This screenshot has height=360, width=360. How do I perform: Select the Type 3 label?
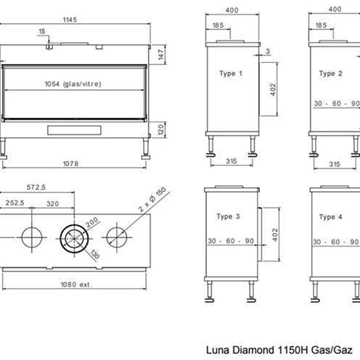(229, 217)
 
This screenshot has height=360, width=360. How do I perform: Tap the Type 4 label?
(331, 217)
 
